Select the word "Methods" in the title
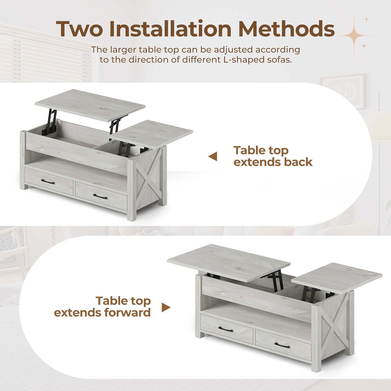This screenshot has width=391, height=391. tap(286, 29)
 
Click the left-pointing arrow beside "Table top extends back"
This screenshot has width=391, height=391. tap(213, 157)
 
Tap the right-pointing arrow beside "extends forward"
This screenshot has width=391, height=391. tap(166, 307)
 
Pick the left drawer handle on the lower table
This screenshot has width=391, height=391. tap(225, 329)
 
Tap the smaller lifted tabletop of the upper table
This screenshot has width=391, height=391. tap(151, 133)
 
